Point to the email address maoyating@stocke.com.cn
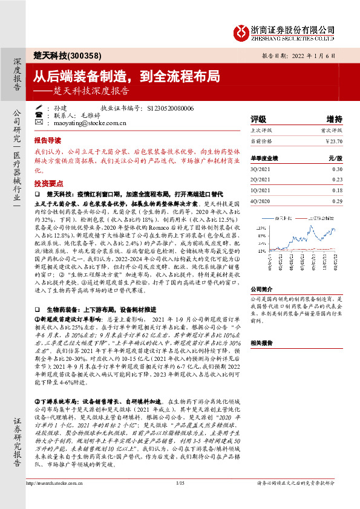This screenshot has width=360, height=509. pyautogui.click(x=91, y=123)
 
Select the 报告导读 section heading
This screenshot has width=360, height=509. pyautogui.click(x=48, y=138)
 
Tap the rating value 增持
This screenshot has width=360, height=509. pyautogui.click(x=335, y=118)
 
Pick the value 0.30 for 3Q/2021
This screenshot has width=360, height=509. pyautogui.click(x=337, y=169)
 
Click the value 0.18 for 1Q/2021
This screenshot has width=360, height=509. pyautogui.click(x=337, y=190)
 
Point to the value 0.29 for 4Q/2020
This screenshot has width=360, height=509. pyautogui.click(x=337, y=200)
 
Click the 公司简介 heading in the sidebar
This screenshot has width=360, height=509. pyautogui.click(x=261, y=290)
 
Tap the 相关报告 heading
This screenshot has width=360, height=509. pyautogui.click(x=261, y=342)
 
